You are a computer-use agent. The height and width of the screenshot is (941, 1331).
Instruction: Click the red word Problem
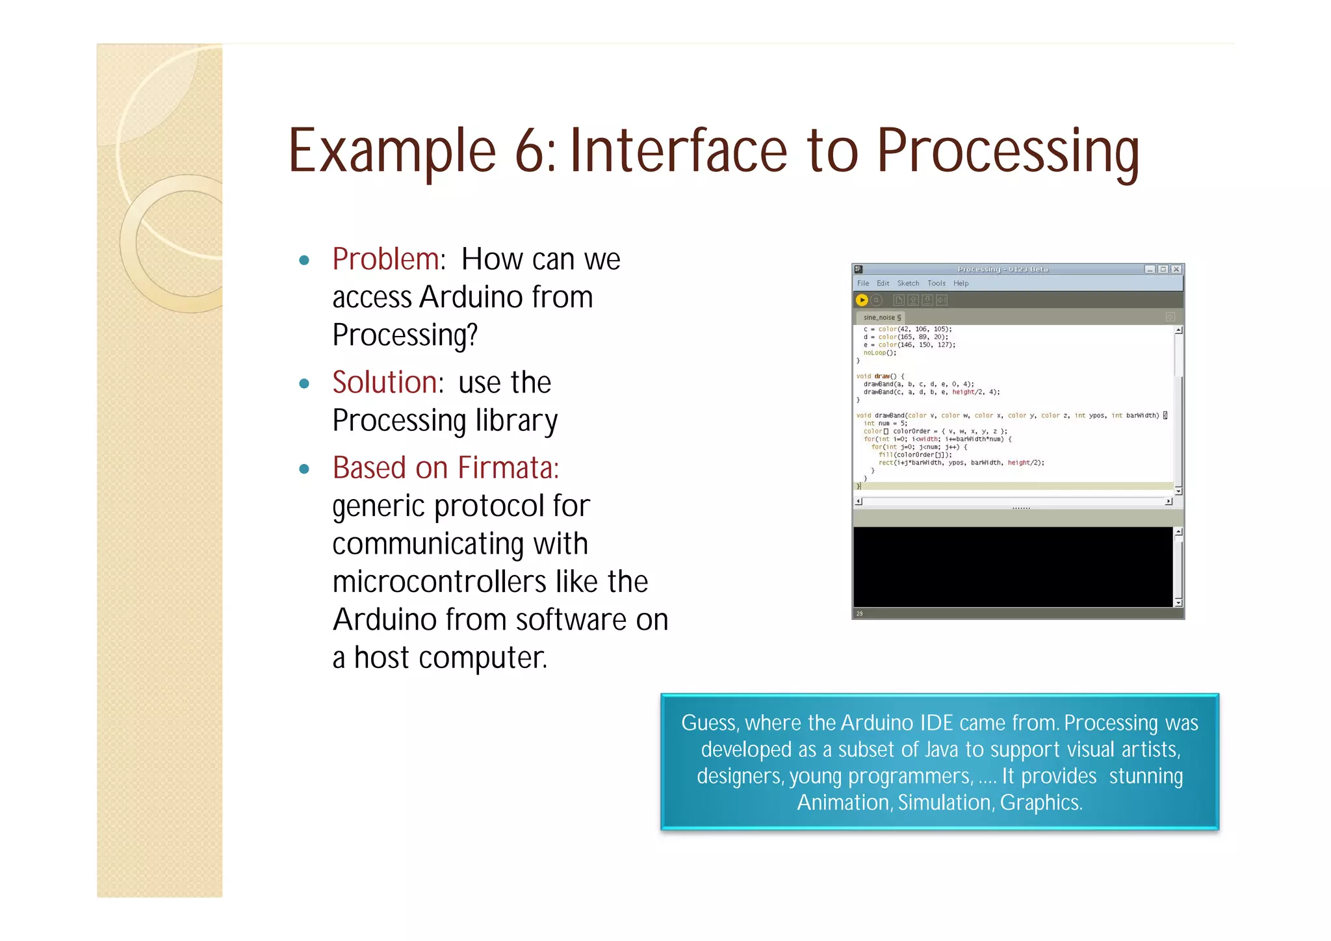pos(386,259)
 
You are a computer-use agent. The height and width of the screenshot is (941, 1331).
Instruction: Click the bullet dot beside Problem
pos(304,261)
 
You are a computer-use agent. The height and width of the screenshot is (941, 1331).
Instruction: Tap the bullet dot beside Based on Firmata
pos(304,469)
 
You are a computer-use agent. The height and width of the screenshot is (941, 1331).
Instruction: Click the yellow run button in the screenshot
pos(862,300)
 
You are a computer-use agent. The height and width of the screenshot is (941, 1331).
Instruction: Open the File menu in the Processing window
pos(863,283)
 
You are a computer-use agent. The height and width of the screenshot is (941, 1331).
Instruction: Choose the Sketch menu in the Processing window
pos(908,283)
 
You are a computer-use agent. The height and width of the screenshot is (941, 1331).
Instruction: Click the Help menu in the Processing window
pos(961,283)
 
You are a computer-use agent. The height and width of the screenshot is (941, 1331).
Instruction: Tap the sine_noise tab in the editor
pos(880,318)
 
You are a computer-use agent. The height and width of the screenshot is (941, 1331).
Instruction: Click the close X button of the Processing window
pos(1176,269)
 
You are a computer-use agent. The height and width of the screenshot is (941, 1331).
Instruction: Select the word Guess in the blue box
pos(708,723)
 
